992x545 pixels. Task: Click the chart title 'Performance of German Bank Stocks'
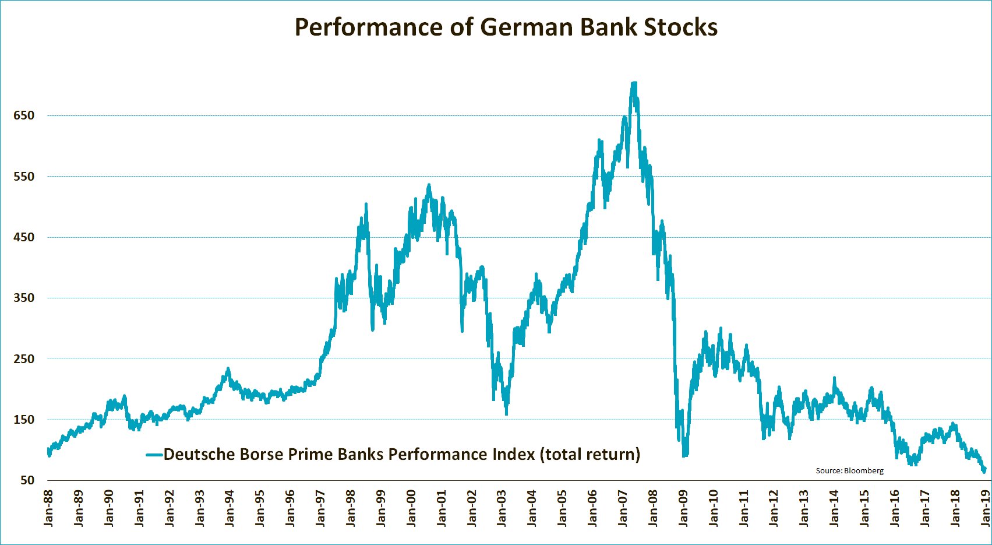(x=506, y=27)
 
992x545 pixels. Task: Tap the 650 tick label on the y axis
(x=24, y=115)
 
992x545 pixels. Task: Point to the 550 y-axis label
(x=24, y=176)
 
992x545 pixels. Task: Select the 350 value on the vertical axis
(x=24, y=298)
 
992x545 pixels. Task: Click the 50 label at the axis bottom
(x=27, y=480)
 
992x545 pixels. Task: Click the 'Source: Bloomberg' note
(x=849, y=470)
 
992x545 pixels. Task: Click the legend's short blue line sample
(x=154, y=455)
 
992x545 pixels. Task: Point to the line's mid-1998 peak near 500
(x=366, y=204)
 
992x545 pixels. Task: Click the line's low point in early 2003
(x=506, y=413)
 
